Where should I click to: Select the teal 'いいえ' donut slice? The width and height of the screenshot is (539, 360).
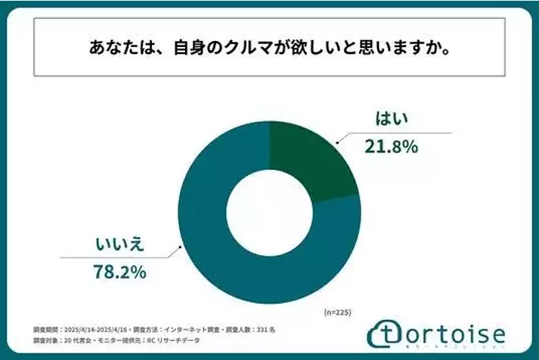pos(228,251)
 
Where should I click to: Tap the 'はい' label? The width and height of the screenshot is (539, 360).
pos(393,119)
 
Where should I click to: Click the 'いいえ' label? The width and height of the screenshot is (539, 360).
pos(119,245)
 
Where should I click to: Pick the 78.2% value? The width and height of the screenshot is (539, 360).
pos(122,272)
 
